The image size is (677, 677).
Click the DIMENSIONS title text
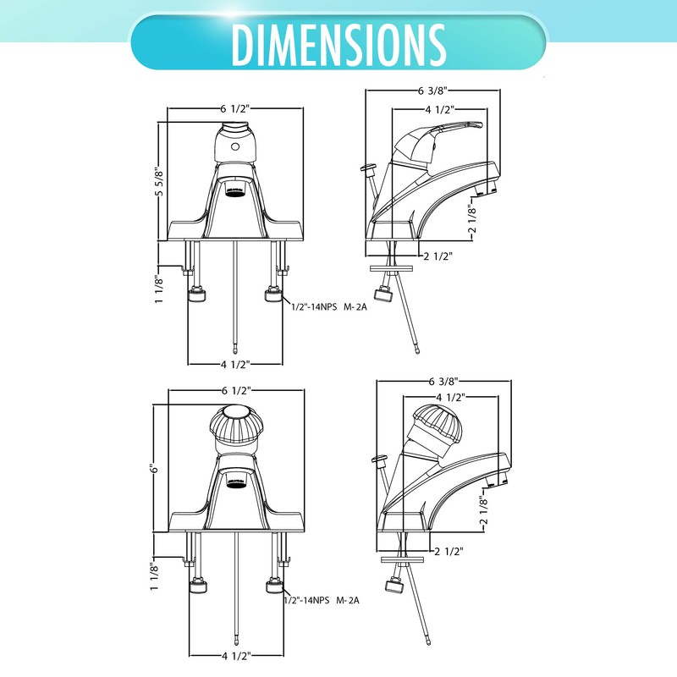[338, 42]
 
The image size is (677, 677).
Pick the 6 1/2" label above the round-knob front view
[236, 391]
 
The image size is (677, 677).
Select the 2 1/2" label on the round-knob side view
[449, 551]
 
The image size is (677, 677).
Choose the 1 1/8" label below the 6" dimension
[154, 575]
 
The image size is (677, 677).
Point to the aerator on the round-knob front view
[236, 479]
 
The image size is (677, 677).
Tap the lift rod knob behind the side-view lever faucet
[369, 169]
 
